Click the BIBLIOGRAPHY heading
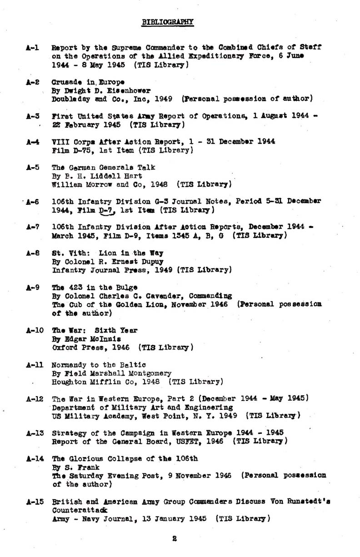(x=168, y=22)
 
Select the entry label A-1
(x=32, y=47)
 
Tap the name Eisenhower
(x=131, y=90)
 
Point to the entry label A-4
(x=32, y=141)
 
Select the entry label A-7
(x=32, y=227)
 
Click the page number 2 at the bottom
(x=174, y=539)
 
